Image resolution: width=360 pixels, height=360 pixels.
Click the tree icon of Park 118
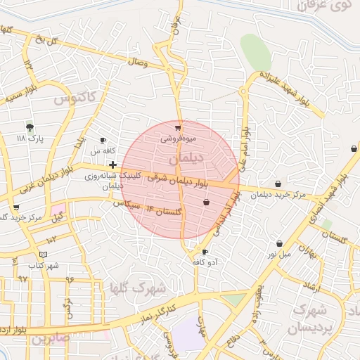click(30, 127)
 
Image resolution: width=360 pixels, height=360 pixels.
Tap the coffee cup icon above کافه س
click(103, 140)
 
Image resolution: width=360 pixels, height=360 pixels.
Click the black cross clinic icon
click(112, 165)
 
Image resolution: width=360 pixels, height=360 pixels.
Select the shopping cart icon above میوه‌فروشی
click(178, 128)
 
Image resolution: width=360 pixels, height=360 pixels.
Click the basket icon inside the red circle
click(206, 202)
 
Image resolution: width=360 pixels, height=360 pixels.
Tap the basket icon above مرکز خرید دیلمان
click(278, 184)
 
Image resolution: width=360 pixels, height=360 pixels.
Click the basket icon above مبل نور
click(280, 244)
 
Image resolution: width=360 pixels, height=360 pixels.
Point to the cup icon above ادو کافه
click(205, 252)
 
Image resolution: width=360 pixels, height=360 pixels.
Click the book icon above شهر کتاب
click(44, 254)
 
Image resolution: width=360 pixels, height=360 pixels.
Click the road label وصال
click(137, 63)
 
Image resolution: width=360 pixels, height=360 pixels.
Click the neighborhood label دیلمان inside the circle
click(187, 158)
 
